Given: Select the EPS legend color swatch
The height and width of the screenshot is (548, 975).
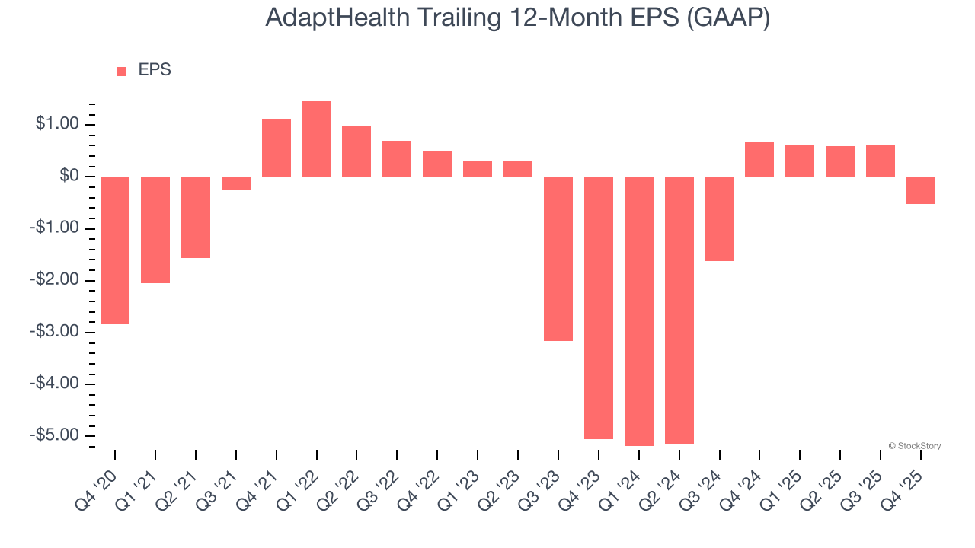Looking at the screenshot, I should (121, 71).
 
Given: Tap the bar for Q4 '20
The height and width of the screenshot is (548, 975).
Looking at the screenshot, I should (115, 250).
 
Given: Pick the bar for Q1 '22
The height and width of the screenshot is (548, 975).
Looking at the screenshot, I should (317, 139).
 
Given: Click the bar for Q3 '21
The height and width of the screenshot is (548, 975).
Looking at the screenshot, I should (236, 183).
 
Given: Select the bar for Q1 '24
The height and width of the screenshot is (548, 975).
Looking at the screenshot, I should (639, 311).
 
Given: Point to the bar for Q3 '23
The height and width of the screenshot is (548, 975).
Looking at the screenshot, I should (558, 259).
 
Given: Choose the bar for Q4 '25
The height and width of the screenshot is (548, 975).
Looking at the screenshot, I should (921, 190).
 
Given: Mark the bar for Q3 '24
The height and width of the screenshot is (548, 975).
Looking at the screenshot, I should (719, 219).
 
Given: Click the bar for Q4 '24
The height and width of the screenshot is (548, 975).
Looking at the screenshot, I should (759, 160).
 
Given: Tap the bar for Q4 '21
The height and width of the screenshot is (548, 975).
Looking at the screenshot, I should (277, 148).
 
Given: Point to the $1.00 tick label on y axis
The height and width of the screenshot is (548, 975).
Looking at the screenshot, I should (57, 125).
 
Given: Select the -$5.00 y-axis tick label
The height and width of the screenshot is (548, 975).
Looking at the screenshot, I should (55, 435).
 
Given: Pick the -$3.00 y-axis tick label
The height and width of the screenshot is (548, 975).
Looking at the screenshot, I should (55, 332).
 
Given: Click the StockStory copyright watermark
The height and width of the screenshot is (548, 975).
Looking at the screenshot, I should (915, 446).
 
